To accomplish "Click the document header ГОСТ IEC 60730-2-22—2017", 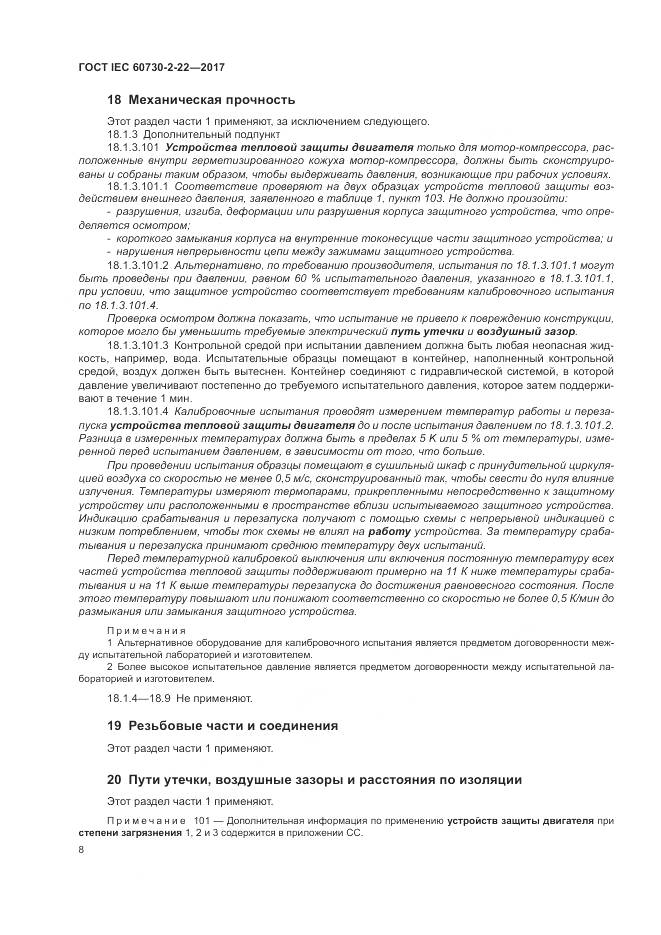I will point(150,67).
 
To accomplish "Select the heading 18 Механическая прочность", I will point(201,100).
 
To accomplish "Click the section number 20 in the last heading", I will point(113,778).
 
